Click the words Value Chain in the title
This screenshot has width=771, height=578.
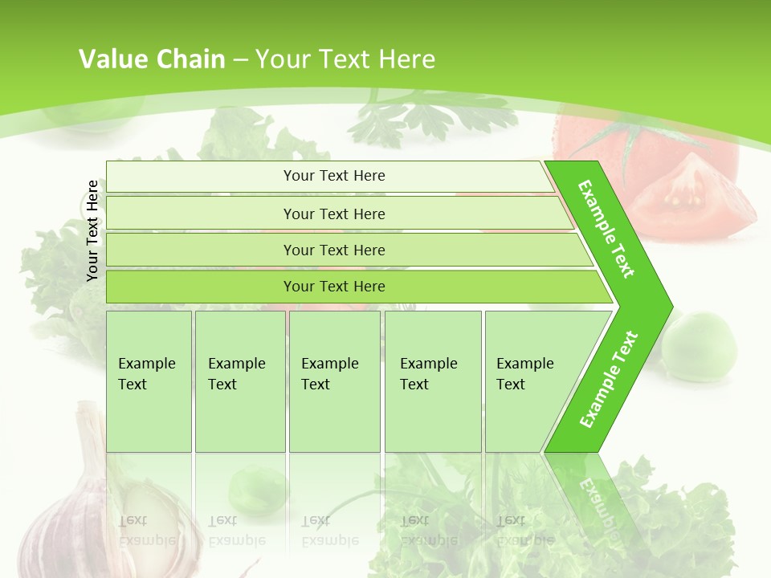[x=152, y=59]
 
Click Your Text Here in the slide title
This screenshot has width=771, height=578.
[x=345, y=59]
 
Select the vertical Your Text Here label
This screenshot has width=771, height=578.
[x=93, y=230]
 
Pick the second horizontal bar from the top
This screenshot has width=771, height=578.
[x=333, y=214]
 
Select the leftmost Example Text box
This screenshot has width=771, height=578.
[x=149, y=381]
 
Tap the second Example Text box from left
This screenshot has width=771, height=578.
[x=239, y=381]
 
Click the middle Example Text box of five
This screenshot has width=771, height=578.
[x=334, y=381]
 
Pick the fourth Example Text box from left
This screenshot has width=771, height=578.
[x=432, y=381]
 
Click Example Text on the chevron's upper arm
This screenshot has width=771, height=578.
[x=606, y=228]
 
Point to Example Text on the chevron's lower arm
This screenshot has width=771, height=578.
[x=608, y=379]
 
